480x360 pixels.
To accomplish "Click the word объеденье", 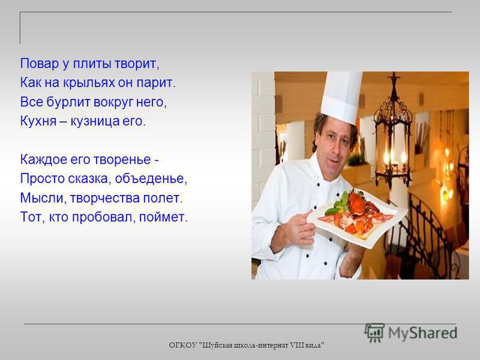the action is [x=151, y=179].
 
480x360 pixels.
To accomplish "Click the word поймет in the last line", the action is [x=163, y=217].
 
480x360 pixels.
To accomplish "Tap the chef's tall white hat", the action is [x=341, y=95].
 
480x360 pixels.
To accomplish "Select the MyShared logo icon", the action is [x=374, y=332].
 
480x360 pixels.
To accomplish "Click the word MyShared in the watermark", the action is [x=422, y=333].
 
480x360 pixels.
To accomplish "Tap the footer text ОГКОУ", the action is [x=183, y=346].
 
